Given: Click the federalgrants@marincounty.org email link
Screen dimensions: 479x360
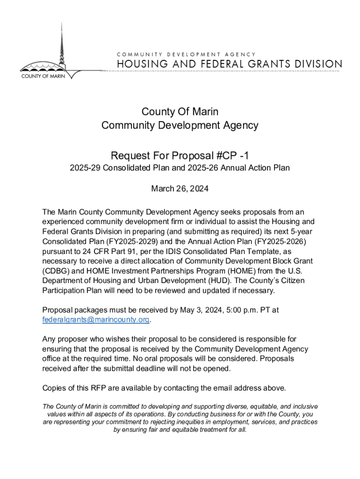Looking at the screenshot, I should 96,320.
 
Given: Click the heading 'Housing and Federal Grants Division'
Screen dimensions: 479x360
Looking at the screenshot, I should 229,64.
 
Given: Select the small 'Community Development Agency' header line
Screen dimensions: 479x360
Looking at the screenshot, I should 186,55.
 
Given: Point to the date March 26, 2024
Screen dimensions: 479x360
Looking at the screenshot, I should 180,189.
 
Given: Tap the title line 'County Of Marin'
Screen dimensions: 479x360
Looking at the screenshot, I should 180,112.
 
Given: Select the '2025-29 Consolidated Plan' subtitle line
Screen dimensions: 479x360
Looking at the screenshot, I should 180,168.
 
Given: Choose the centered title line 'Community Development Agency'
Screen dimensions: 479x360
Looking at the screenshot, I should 180,125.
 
